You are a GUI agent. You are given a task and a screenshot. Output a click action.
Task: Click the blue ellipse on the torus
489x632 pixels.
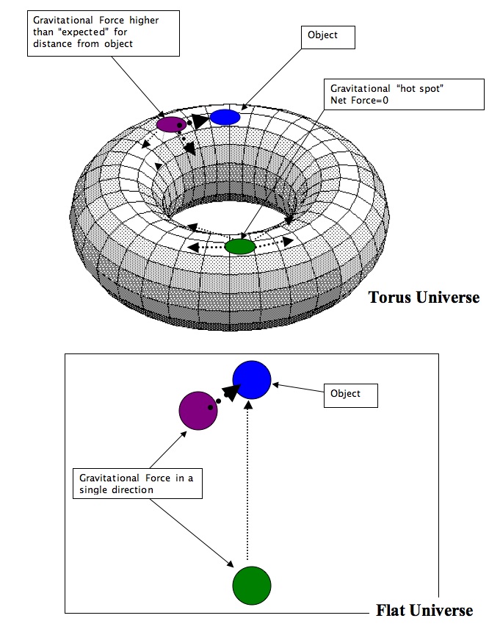(x=225, y=117)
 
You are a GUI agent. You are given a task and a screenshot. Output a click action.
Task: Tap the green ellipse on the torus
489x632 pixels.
(x=239, y=247)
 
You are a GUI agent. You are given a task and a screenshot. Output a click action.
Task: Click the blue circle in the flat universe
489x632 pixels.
(x=252, y=380)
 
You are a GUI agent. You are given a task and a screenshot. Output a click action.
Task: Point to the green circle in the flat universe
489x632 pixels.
(x=252, y=585)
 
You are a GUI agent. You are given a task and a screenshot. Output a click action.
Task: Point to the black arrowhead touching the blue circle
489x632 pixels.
(x=231, y=391)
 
